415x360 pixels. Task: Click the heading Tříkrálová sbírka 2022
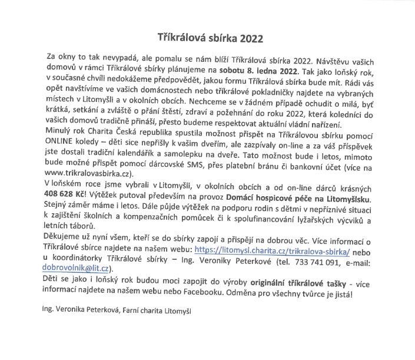point(207,37)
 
